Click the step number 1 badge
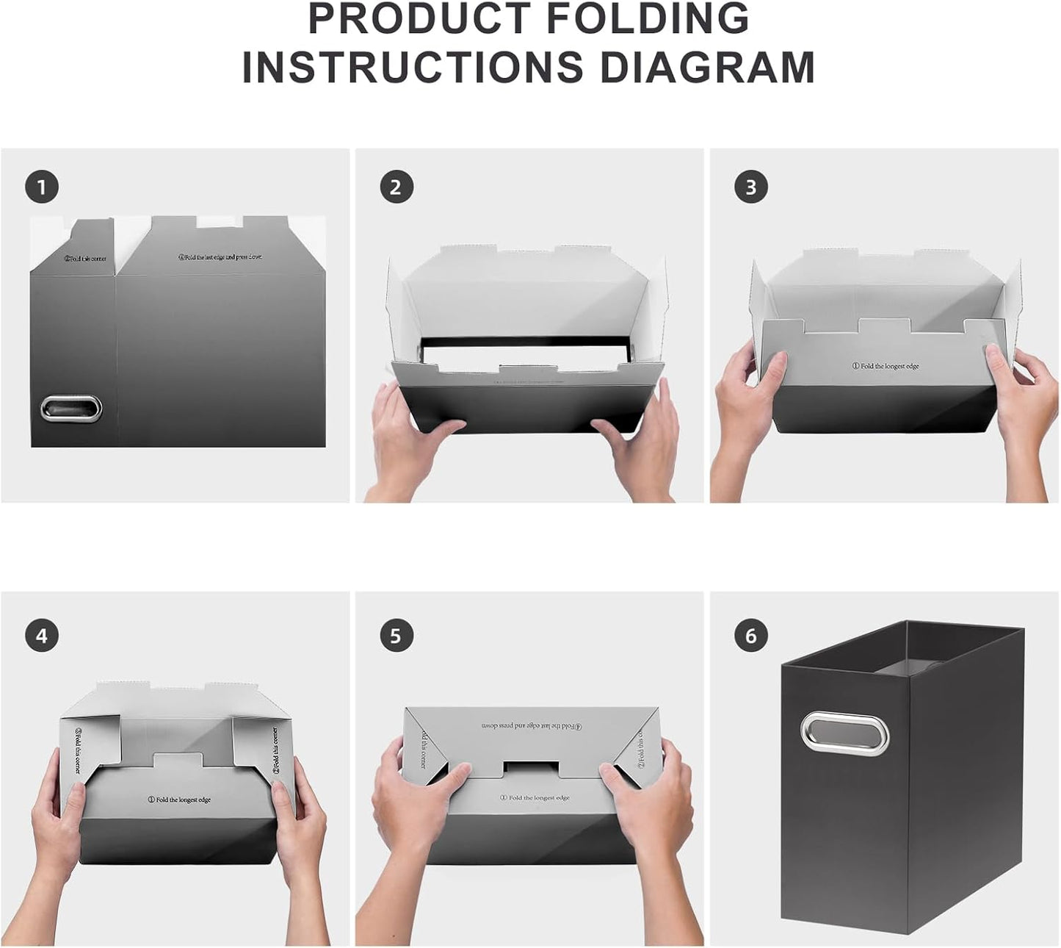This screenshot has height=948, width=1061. pyautogui.click(x=42, y=187)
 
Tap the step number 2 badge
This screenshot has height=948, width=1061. pyautogui.click(x=396, y=187)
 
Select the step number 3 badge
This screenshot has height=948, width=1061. pyautogui.click(x=750, y=187)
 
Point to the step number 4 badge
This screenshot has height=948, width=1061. pyautogui.click(x=42, y=635)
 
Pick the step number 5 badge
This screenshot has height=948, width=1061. pyautogui.click(x=396, y=635)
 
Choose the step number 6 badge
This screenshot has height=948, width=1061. pyautogui.click(x=750, y=635)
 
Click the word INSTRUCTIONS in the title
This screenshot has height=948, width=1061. pyautogui.click(x=413, y=68)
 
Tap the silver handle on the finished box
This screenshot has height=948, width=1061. pyautogui.click(x=844, y=732)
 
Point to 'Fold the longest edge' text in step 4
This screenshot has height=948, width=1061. pyautogui.click(x=179, y=800)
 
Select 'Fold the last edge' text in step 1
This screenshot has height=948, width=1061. pyautogui.click(x=220, y=257)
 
